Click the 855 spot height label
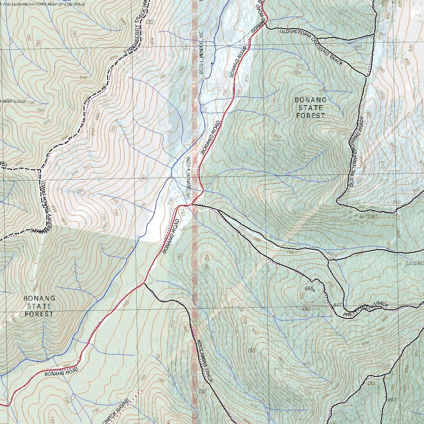pos(308,288)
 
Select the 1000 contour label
pos(385,366)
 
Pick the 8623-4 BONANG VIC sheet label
pos(188,179)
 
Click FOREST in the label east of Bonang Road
pos(311,116)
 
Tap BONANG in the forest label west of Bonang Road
pos(39,298)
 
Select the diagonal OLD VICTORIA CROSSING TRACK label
pos(311,46)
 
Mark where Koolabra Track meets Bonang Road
pos(144,284)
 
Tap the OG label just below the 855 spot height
pos(306,309)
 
